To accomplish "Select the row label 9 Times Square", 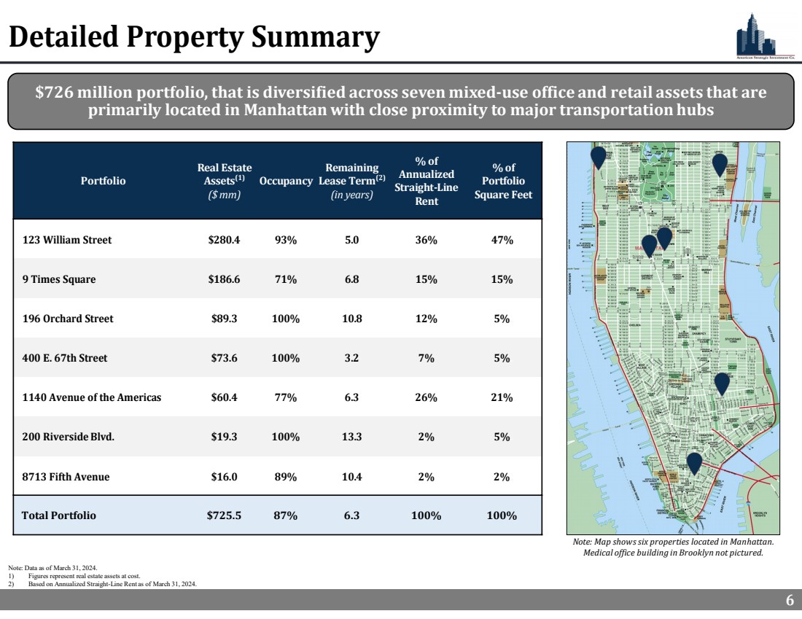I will (x=58, y=279).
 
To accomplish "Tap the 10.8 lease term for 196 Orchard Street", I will (x=352, y=319).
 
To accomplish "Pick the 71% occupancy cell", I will (x=285, y=279).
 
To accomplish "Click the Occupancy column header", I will (x=286, y=181).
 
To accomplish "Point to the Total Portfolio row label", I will (x=58, y=515).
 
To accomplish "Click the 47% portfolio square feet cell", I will (x=502, y=240).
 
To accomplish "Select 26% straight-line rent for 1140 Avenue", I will (x=426, y=397).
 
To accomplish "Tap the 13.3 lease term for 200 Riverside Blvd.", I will (x=352, y=437).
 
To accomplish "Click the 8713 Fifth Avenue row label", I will (x=66, y=477).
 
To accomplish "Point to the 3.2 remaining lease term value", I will (x=352, y=358).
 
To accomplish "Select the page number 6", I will (x=790, y=601).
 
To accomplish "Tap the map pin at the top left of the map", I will (x=599, y=157).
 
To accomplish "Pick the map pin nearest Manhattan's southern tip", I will (x=694, y=463).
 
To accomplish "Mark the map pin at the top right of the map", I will (x=720, y=164).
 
